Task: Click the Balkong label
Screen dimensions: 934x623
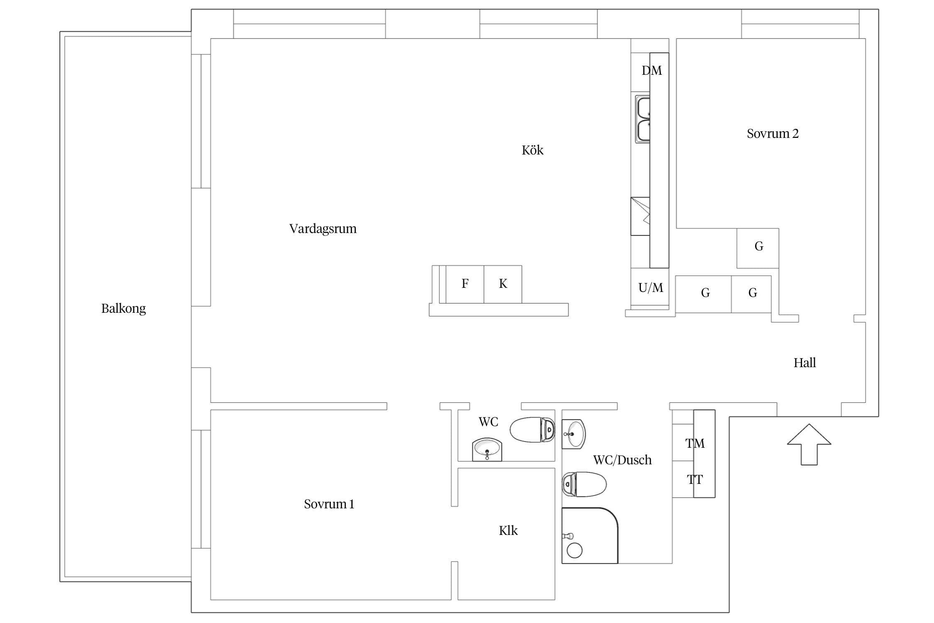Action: (x=123, y=309)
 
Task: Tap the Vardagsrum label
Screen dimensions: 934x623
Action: (x=323, y=229)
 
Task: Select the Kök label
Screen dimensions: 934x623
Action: (x=532, y=150)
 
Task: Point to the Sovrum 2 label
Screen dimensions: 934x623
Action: (x=773, y=134)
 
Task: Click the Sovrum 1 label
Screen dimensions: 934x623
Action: (x=329, y=504)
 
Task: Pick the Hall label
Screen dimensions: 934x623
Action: (x=804, y=363)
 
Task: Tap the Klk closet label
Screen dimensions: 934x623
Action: (x=508, y=531)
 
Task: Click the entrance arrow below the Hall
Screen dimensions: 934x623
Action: (x=809, y=444)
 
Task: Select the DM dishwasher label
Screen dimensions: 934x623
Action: (x=652, y=71)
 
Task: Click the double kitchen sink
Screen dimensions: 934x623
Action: (x=643, y=119)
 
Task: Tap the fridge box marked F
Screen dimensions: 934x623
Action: (x=465, y=284)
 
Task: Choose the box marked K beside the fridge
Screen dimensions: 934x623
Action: (x=503, y=284)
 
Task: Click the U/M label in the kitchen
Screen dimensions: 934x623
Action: (x=650, y=288)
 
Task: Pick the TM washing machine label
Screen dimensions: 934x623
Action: (x=695, y=444)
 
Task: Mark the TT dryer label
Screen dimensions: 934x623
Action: (x=694, y=480)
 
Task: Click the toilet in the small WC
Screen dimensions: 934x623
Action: (x=532, y=430)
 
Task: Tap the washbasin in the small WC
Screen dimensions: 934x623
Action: (x=487, y=449)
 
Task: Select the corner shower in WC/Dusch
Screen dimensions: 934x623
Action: (x=589, y=535)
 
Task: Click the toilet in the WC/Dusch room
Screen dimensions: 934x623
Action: (x=584, y=484)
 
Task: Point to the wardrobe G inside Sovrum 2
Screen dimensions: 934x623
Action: (x=758, y=248)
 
